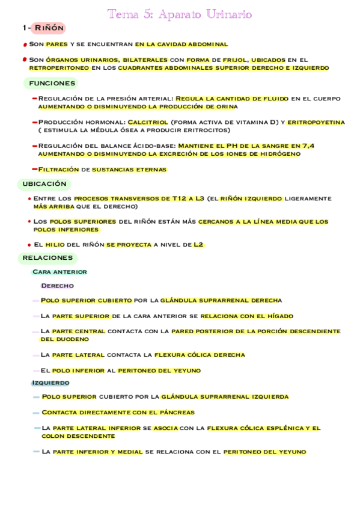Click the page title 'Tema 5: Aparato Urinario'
pos(180,14)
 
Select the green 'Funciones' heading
pos(52,83)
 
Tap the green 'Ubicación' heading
pos(44,184)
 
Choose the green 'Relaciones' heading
pos(47,258)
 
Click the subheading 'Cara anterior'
pos(59,272)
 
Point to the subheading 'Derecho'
pos(57,286)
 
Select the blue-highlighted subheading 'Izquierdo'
pos(50,382)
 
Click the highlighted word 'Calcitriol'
pos(148,122)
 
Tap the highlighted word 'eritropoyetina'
pos(316,122)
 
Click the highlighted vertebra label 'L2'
pos(198,245)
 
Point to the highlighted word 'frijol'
pos(234,60)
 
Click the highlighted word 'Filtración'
pos(58,170)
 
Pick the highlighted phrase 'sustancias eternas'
pos(129,170)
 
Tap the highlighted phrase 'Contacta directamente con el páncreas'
pos(118,413)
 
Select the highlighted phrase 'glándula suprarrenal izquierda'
pos(224,397)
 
